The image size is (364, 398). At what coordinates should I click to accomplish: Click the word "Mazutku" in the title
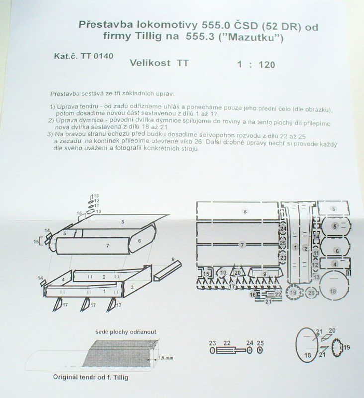(254, 38)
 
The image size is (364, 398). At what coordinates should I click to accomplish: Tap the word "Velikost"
(150, 63)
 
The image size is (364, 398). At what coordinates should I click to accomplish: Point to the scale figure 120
(267, 65)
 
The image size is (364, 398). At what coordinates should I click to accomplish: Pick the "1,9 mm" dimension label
(166, 358)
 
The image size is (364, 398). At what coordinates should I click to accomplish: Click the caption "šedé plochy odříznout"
(126, 332)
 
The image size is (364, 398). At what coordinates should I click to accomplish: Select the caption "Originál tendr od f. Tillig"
(91, 377)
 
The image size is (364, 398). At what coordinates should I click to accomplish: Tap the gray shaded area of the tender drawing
(119, 353)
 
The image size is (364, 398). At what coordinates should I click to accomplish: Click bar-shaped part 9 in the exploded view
(168, 270)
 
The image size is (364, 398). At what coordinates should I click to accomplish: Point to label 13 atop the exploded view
(96, 196)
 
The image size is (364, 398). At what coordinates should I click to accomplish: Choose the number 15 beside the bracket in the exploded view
(36, 242)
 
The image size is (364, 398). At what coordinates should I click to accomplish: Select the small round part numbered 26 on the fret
(311, 293)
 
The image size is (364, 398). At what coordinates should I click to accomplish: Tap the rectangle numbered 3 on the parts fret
(333, 209)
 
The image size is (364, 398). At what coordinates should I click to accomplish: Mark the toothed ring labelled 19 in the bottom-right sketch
(336, 347)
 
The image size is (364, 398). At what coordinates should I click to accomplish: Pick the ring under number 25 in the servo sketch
(260, 351)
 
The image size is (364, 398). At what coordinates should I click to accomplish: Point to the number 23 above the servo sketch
(212, 343)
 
